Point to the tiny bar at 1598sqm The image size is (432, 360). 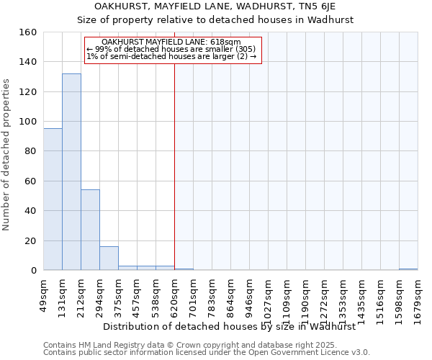click(408, 269)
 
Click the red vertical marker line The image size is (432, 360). click(174, 166)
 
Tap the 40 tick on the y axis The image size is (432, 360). click(30, 211)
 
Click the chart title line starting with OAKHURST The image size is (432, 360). click(215, 6)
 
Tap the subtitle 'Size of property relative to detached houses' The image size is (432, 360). click(215, 20)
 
